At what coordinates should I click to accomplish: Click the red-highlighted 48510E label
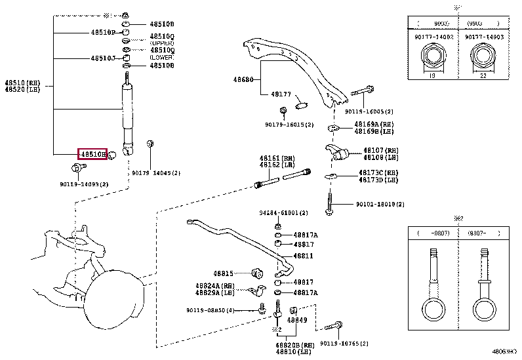click(x=92, y=154)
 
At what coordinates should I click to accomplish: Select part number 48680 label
click(x=243, y=80)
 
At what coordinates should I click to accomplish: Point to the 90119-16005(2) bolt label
click(x=369, y=112)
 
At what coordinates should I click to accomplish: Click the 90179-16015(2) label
click(x=289, y=125)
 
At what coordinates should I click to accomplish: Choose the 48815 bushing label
click(x=223, y=273)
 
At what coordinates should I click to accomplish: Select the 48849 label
click(x=297, y=320)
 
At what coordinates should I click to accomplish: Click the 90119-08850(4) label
click(x=210, y=310)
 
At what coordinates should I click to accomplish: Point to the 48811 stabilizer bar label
click(x=303, y=256)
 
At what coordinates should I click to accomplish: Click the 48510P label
click(x=103, y=32)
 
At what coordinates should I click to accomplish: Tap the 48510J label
click(x=103, y=58)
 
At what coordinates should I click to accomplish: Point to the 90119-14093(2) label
click(x=84, y=184)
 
